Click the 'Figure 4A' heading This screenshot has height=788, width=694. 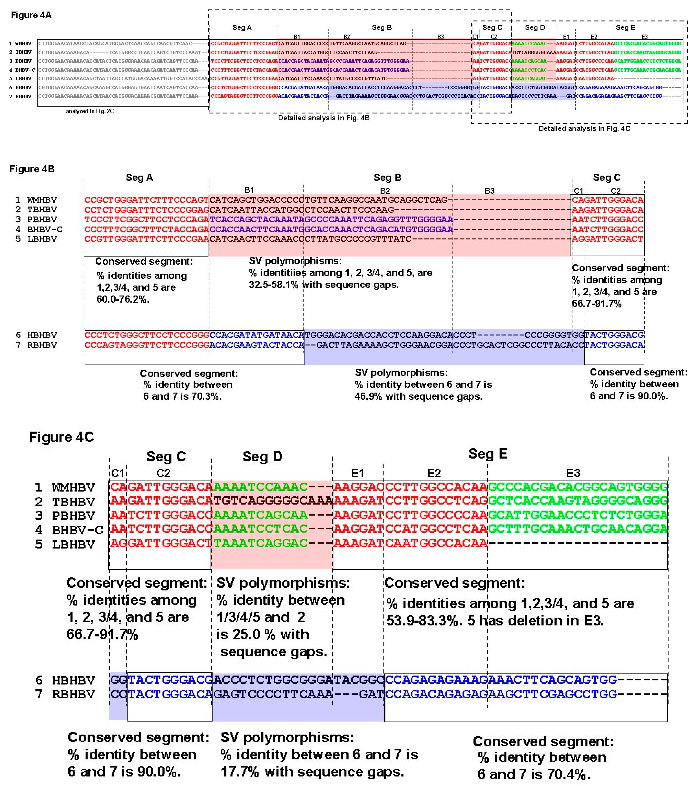tap(31, 15)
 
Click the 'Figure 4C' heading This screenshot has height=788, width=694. tap(62, 437)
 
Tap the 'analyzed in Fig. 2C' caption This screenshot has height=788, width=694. tap(90, 111)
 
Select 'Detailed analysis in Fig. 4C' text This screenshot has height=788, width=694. tap(584, 128)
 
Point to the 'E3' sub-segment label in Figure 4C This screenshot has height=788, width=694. tap(573, 473)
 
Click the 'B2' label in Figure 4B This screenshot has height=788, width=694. tap(385, 191)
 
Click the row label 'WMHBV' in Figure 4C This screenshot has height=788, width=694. tap(73, 488)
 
